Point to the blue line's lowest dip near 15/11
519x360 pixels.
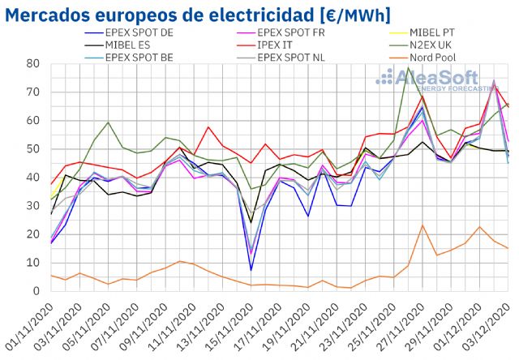[251, 270]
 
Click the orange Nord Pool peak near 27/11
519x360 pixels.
[422, 225]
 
